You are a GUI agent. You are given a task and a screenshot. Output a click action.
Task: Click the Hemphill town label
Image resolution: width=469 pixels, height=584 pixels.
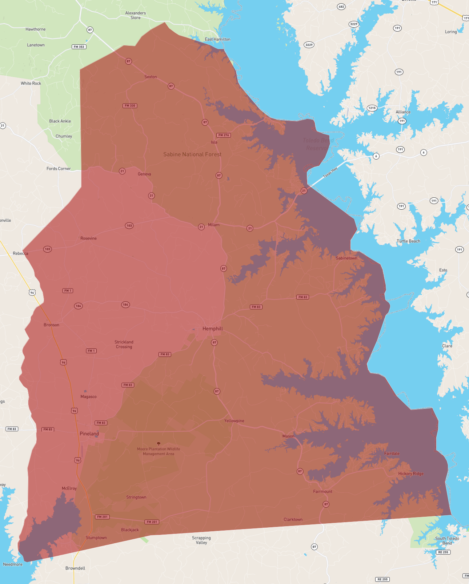tap(213, 329)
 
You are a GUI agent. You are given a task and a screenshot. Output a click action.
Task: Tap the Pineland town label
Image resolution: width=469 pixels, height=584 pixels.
tap(89, 434)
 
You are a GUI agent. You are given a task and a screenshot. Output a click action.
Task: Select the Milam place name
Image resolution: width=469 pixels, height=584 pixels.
tap(214, 225)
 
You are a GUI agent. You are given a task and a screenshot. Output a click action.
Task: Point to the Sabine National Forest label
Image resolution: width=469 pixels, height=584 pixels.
tap(192, 154)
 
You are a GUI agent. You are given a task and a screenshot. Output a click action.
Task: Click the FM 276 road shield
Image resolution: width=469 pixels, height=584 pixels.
tap(224, 135)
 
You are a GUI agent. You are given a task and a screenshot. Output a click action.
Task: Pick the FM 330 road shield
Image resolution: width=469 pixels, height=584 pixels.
tap(130, 106)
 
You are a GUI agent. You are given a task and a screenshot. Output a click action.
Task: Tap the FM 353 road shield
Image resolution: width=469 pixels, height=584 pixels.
tap(79, 47)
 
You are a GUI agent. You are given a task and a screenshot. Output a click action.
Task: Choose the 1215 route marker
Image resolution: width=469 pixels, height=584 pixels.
tap(372, 108)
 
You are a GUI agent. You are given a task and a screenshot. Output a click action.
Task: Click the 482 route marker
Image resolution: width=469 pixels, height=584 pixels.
tap(341, 7)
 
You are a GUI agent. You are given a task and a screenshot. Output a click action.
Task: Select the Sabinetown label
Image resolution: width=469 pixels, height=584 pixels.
tap(346, 258)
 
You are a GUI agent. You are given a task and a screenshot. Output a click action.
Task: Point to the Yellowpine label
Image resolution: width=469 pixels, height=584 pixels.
tap(234, 421)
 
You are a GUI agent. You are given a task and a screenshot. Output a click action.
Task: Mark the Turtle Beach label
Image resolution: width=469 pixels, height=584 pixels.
tap(408, 241)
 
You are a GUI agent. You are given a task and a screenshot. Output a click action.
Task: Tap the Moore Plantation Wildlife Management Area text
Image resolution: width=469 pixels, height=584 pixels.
tap(159, 451)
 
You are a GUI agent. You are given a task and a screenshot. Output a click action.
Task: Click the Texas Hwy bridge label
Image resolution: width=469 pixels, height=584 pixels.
tap(330, 172)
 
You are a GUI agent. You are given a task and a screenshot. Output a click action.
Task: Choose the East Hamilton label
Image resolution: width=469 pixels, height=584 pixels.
tap(217, 39)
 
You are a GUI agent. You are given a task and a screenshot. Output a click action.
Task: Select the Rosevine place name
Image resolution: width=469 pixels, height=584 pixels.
tap(88, 238)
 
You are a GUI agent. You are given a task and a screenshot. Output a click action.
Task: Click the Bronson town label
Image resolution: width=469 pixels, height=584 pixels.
tap(51, 325)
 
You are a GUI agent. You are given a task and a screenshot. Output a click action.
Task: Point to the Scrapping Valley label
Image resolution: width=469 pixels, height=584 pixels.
tap(201, 540)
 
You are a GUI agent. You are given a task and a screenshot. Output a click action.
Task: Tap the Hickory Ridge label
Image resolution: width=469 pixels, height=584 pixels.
tap(411, 474)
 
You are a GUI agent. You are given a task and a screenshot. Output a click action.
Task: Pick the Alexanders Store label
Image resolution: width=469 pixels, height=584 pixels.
tap(136, 15)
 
